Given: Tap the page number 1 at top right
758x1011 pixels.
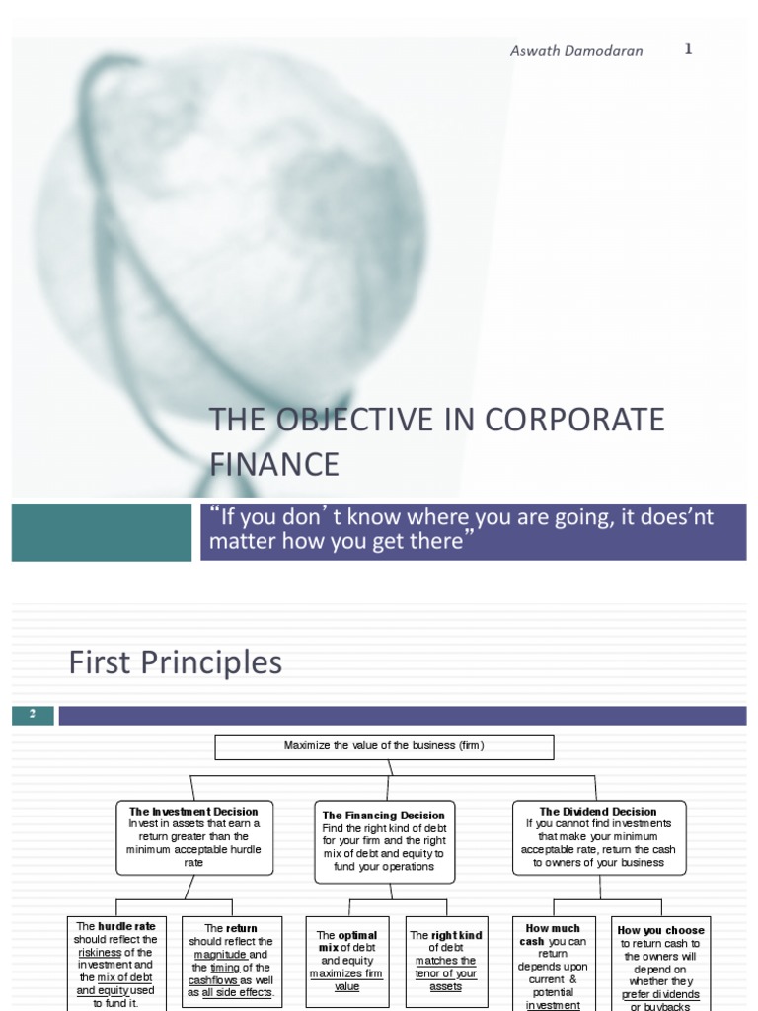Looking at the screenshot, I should [688, 49].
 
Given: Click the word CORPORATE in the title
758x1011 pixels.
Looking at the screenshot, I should [583, 419].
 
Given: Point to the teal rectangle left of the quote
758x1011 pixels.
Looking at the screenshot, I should [102, 532].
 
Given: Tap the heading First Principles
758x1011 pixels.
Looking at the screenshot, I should [176, 663].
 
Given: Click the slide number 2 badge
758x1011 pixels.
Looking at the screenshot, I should [33, 715].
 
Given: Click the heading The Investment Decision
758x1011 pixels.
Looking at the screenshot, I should [192, 812].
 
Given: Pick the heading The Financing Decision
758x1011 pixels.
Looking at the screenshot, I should [385, 816].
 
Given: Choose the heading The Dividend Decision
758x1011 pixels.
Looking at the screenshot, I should [598, 812].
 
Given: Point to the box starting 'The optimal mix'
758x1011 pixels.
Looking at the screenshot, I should [347, 960].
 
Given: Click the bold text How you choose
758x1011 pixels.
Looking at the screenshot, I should [660, 930].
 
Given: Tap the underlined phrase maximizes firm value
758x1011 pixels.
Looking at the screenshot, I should [347, 979].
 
